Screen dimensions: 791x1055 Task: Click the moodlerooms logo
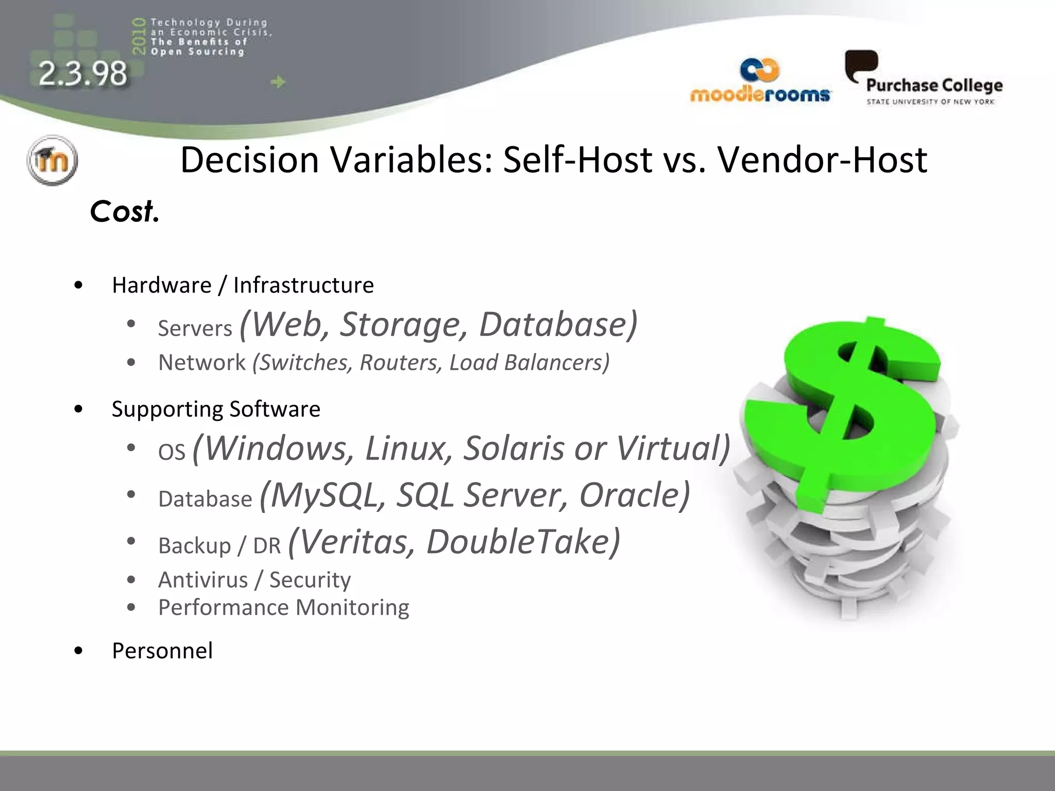coord(760,82)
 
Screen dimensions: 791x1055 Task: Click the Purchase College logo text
coord(934,85)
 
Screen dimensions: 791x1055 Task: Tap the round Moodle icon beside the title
coord(52,160)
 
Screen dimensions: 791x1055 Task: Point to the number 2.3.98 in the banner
coord(83,74)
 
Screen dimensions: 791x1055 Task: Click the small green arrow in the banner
coord(278,82)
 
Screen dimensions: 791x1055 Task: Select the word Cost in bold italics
coord(124,211)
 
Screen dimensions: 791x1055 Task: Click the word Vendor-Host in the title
coord(822,160)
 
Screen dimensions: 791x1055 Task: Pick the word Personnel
coord(162,650)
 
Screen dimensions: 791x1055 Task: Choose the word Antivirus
coord(203,580)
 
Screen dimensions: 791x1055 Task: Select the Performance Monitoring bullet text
coord(283,608)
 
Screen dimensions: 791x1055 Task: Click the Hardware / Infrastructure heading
coord(243,285)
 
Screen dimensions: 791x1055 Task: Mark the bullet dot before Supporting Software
coord(78,409)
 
